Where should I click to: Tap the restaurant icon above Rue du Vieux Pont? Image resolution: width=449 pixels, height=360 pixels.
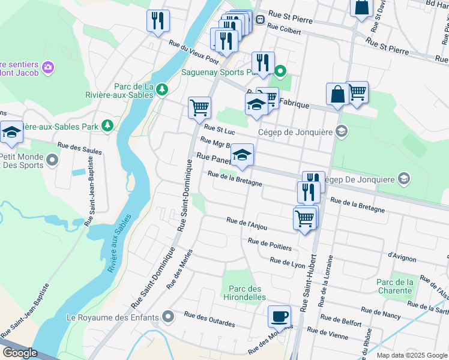(x=158, y=22)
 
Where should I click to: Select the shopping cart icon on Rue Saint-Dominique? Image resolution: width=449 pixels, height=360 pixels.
(x=199, y=109)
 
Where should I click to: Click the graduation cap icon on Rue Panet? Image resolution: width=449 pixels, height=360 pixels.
(x=243, y=155)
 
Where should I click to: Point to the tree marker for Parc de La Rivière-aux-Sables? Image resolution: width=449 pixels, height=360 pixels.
(x=161, y=90)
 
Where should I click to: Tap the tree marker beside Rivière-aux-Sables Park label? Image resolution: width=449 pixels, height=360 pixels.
(x=107, y=125)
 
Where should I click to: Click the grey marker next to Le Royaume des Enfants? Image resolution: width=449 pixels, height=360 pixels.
(x=169, y=316)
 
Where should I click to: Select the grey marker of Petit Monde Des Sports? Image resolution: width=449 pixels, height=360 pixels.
(x=53, y=160)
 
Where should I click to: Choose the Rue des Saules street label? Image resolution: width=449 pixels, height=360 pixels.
(x=79, y=148)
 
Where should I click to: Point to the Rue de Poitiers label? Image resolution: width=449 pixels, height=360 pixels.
(x=270, y=244)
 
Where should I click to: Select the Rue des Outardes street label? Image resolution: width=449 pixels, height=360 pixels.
(x=209, y=319)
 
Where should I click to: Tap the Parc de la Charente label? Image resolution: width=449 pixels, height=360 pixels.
(x=395, y=286)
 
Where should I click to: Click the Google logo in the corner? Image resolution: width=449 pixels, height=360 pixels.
(x=20, y=353)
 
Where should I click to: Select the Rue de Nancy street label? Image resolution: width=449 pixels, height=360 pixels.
(x=381, y=313)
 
